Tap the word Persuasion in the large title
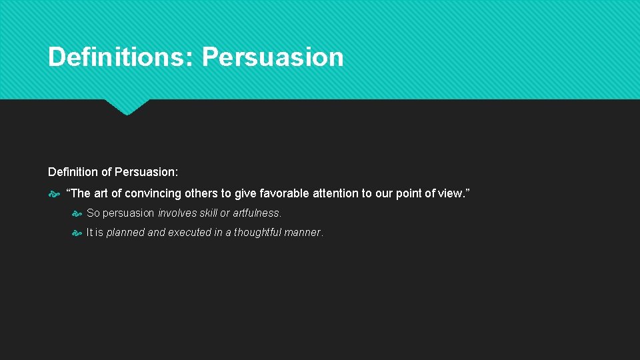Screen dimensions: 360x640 click(x=273, y=57)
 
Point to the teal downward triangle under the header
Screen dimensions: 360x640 click(x=127, y=107)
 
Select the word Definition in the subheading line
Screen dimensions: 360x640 click(x=73, y=172)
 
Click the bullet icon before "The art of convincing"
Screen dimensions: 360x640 click(x=54, y=194)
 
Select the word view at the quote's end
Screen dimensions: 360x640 click(x=453, y=193)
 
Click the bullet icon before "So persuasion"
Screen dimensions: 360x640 click(x=77, y=214)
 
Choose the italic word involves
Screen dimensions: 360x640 click(x=177, y=213)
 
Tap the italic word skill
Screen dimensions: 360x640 click(x=209, y=213)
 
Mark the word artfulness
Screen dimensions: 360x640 click(x=257, y=213)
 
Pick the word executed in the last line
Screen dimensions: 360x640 click(x=189, y=233)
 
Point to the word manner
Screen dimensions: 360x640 click(x=305, y=233)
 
